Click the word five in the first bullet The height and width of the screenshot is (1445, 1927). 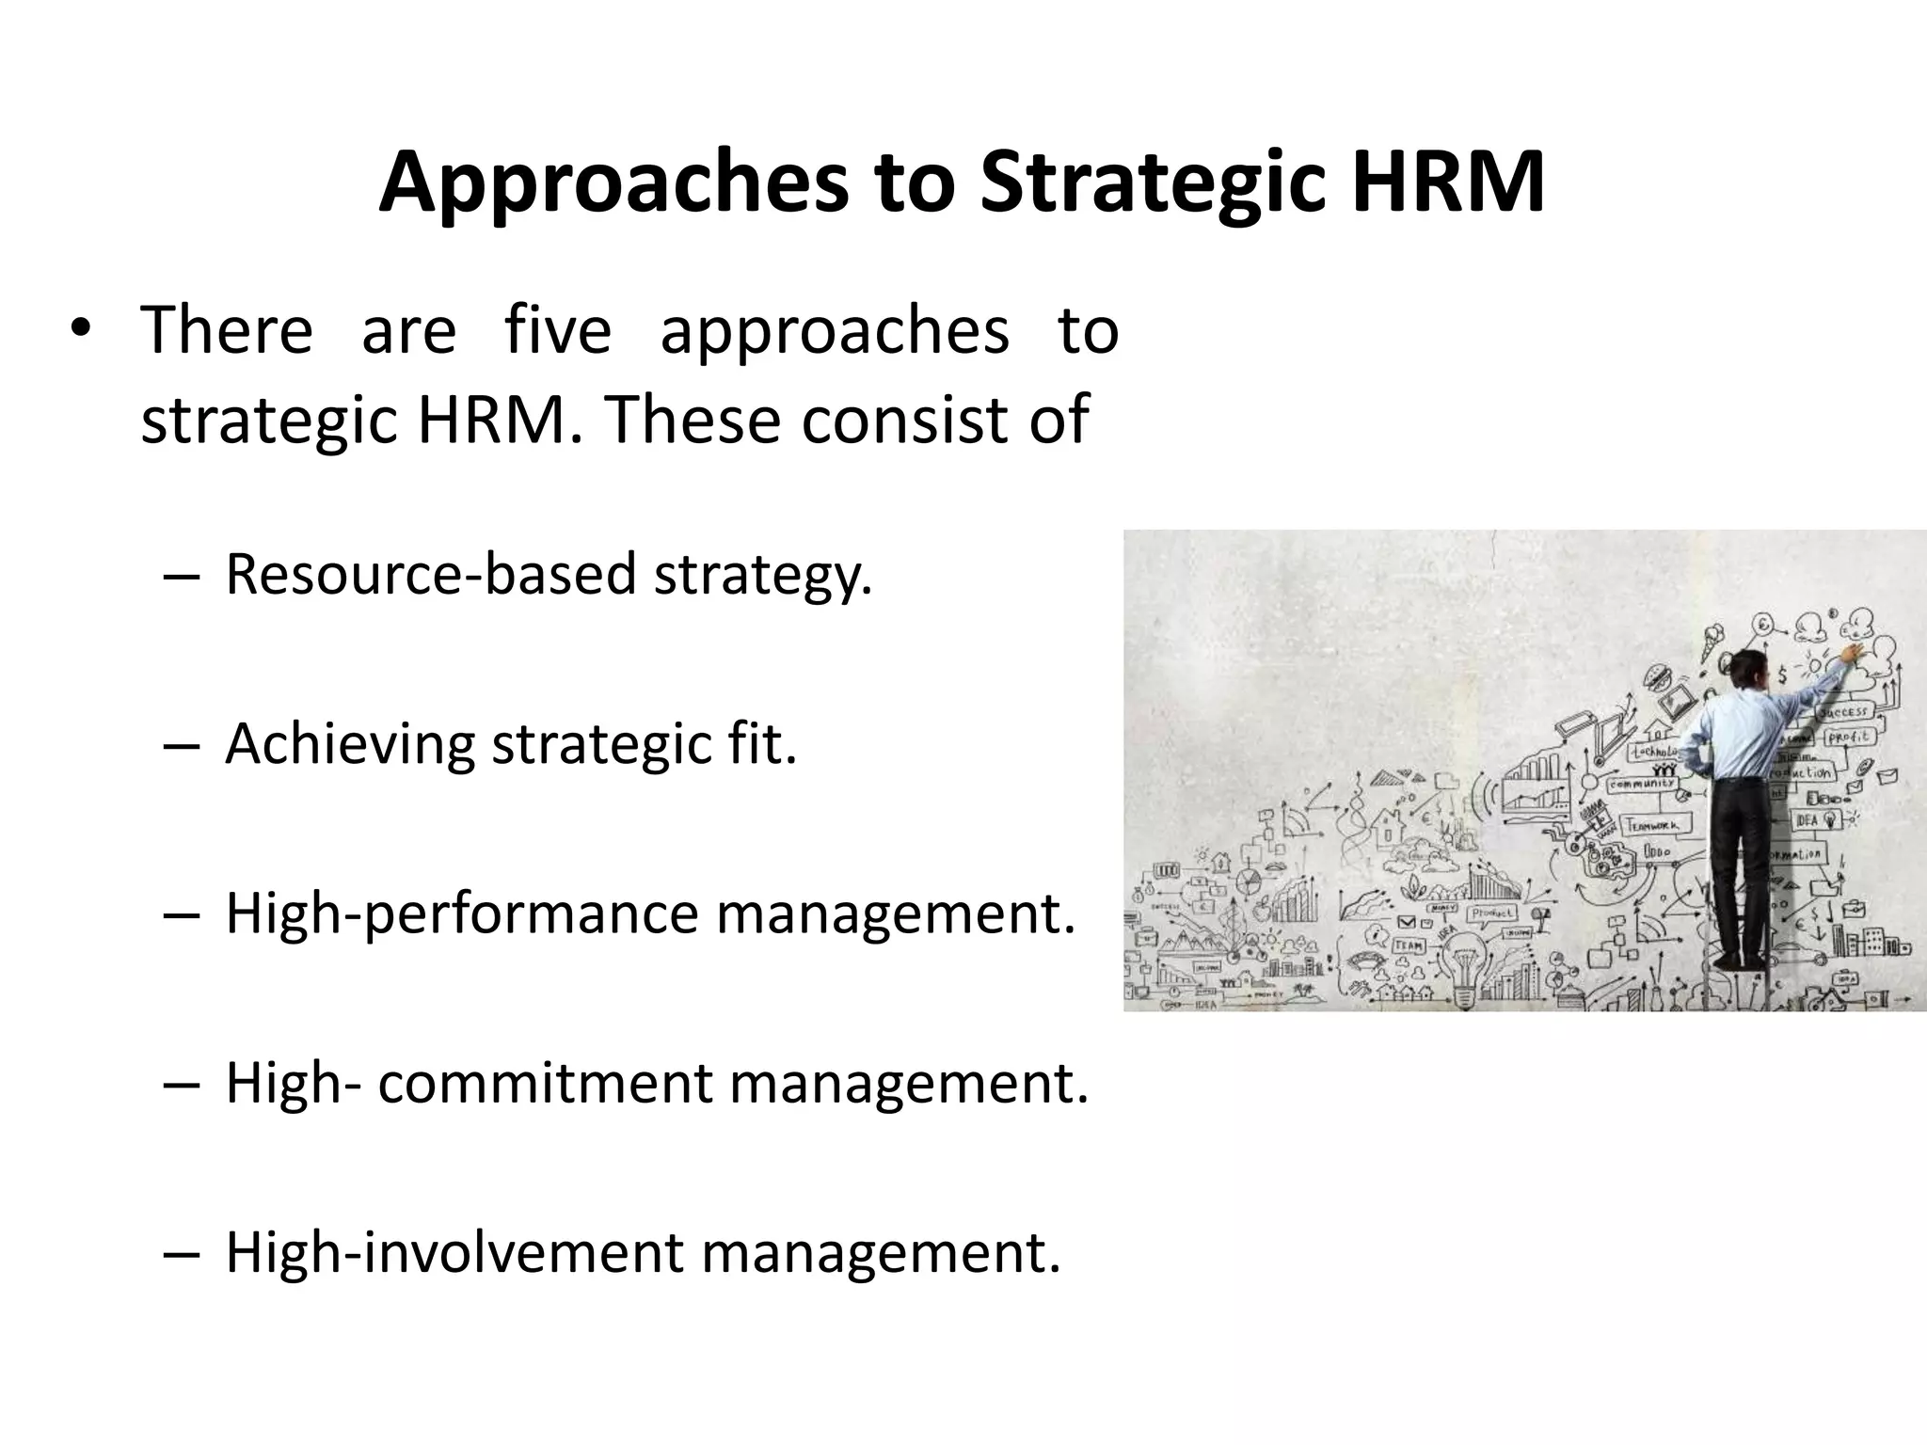[558, 330]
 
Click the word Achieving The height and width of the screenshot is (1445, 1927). [350, 744]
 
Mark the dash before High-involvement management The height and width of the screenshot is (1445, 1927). [182, 1254]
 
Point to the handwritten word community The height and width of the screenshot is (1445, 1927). [1642, 783]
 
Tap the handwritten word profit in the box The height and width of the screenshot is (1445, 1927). [1849, 738]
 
